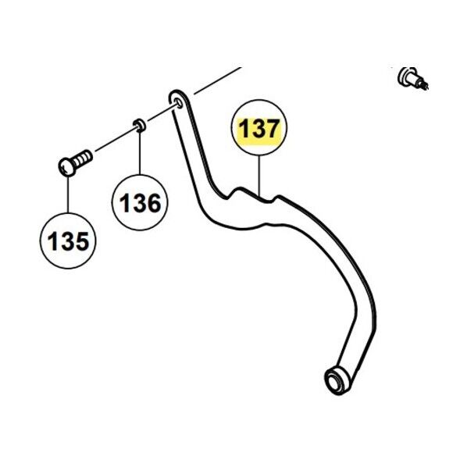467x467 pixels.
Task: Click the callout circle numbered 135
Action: click(x=68, y=241)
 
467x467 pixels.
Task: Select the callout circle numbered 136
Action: click(x=140, y=202)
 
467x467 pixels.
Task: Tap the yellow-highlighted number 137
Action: click(x=259, y=129)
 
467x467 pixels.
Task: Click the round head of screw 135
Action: click(x=66, y=167)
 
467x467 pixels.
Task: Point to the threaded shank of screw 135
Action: click(x=84, y=159)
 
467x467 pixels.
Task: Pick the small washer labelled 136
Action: click(x=139, y=125)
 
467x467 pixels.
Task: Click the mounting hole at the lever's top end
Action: click(x=179, y=102)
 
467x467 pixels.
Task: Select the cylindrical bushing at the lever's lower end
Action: click(x=336, y=380)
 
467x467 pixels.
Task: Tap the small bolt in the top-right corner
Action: click(x=412, y=79)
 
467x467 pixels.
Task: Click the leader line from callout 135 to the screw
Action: click(x=68, y=194)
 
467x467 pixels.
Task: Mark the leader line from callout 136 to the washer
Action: click(x=140, y=153)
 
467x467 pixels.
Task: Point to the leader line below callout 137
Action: click(x=259, y=175)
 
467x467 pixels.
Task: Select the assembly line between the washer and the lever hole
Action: click(x=161, y=113)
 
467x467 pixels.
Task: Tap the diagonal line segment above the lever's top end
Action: click(x=217, y=80)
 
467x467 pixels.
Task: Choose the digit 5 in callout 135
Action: click(x=81, y=241)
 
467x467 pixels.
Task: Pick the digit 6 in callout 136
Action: click(x=152, y=203)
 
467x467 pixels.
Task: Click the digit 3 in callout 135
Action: click(x=66, y=241)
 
